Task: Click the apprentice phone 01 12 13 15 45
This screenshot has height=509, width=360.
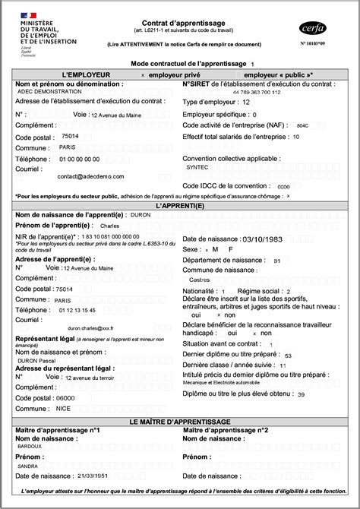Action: tap(77, 310)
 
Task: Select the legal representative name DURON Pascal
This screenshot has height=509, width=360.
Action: tap(38, 359)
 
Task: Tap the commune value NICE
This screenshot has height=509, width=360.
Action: tap(64, 408)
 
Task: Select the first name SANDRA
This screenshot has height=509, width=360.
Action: tap(28, 466)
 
